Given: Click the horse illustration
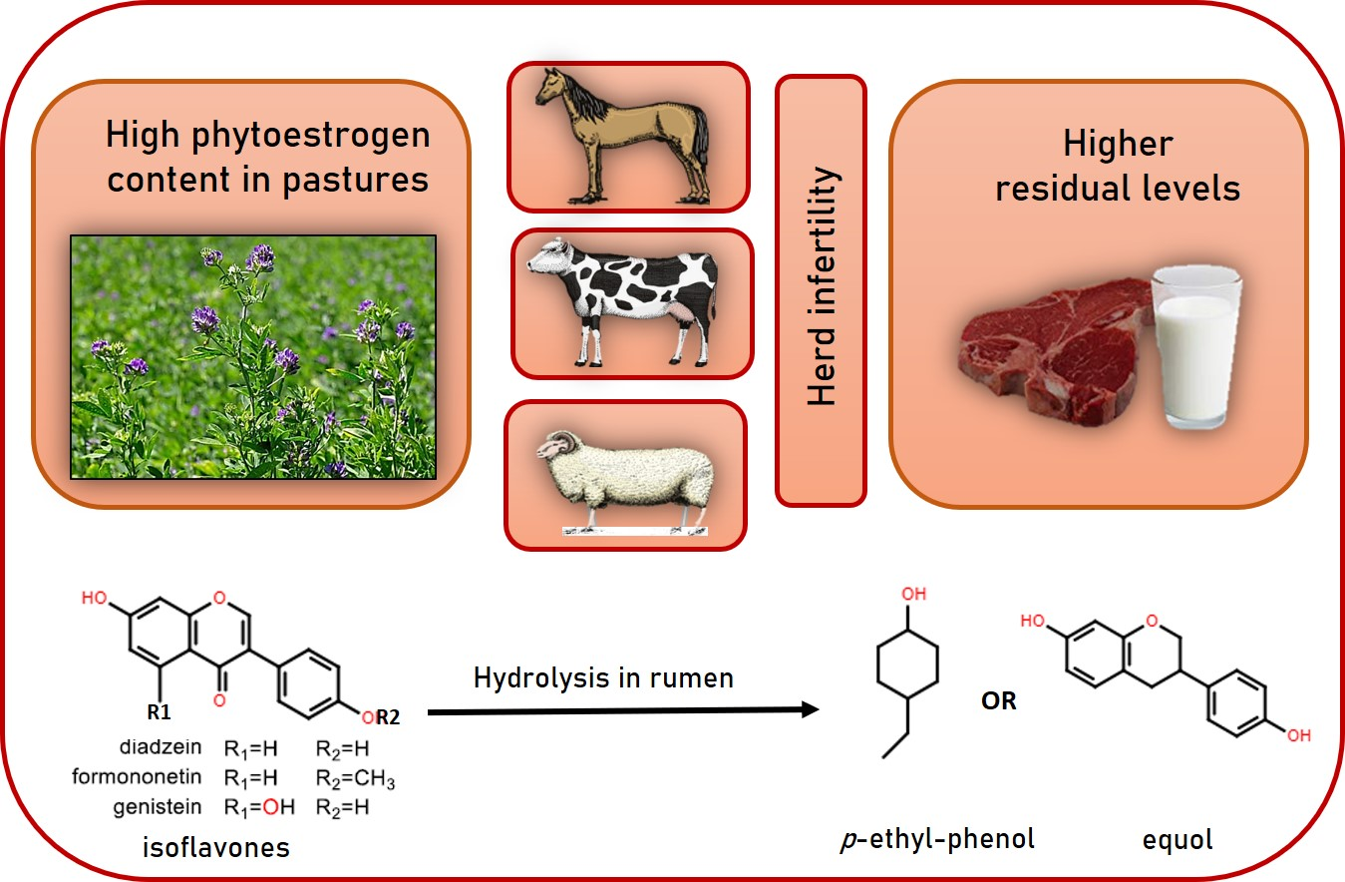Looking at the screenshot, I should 623,135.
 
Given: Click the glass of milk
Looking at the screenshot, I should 1194,344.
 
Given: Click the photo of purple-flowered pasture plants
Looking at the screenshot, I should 253,356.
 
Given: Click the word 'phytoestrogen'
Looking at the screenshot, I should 317,135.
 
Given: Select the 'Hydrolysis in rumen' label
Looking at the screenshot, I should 603,678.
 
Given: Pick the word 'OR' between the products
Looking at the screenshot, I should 998,701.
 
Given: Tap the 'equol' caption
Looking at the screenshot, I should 1178,840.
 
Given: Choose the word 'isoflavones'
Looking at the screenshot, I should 214,848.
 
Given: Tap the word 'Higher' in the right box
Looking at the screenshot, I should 1118,145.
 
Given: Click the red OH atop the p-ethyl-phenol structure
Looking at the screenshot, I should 913,595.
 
